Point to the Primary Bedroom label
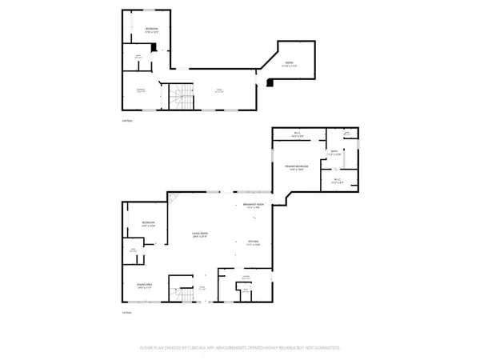point(297,167)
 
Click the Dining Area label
point(145,285)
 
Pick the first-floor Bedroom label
point(148,223)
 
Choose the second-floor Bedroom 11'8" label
point(151,30)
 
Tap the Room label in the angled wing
point(290,65)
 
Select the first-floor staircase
point(185,294)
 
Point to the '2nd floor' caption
point(126,119)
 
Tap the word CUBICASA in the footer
point(195,348)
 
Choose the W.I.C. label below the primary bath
point(336,182)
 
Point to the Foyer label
point(202,286)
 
